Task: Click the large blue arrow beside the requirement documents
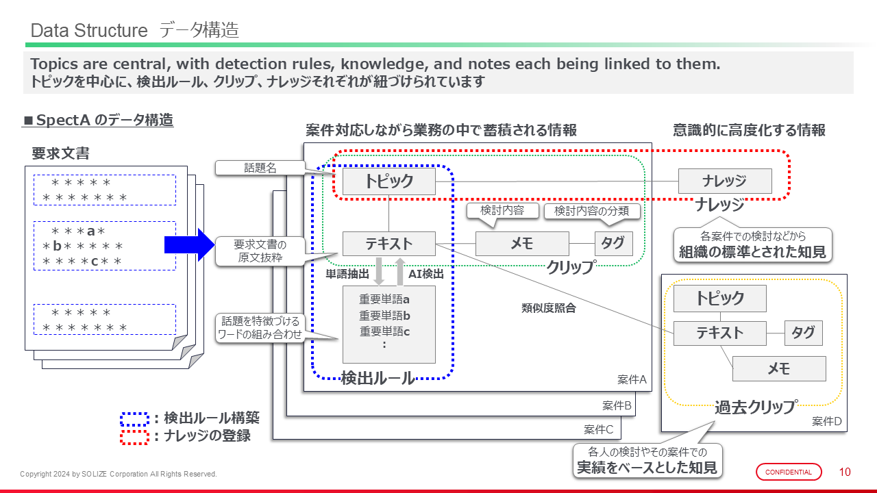pyautogui.click(x=189, y=244)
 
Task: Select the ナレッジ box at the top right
pyautogui.click(x=724, y=181)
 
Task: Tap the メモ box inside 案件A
pyautogui.click(x=522, y=244)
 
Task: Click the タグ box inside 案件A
pyautogui.click(x=613, y=244)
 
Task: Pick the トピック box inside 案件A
pyautogui.click(x=388, y=181)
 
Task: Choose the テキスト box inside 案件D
pyautogui.click(x=719, y=333)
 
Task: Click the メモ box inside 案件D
pyautogui.click(x=779, y=368)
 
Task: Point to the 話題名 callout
pyautogui.click(x=260, y=168)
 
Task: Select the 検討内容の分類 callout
pyautogui.click(x=592, y=211)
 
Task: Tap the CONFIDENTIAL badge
pyautogui.click(x=789, y=472)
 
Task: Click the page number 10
pyautogui.click(x=845, y=472)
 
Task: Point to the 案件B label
pyautogui.click(x=617, y=405)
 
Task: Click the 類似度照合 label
pyautogui.click(x=549, y=308)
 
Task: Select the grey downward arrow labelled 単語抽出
pyautogui.click(x=380, y=272)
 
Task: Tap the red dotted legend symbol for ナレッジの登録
pyautogui.click(x=134, y=435)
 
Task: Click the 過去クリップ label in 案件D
pyautogui.click(x=756, y=407)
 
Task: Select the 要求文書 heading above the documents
pyautogui.click(x=60, y=153)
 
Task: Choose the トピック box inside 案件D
pyautogui.click(x=719, y=299)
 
